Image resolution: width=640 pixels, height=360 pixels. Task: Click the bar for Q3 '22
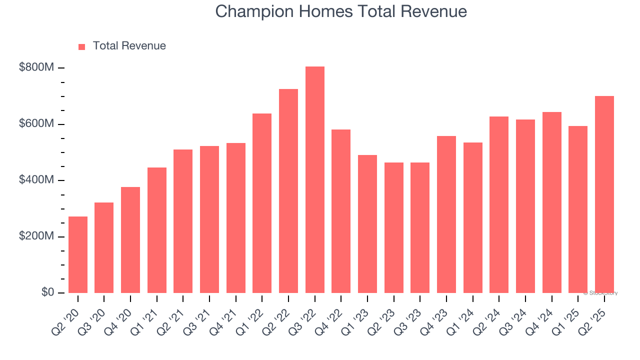point(315,179)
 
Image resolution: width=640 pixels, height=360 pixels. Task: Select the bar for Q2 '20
point(78,254)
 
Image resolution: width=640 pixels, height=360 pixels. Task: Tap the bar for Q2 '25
point(604,194)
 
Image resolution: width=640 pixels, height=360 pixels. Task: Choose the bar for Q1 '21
point(157,230)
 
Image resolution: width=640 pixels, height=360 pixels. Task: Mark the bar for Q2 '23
point(394,227)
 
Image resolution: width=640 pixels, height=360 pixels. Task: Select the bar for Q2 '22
point(288,190)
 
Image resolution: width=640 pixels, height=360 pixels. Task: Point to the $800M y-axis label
point(36,67)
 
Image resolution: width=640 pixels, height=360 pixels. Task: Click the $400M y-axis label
point(36,180)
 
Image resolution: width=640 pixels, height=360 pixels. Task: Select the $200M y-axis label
point(36,236)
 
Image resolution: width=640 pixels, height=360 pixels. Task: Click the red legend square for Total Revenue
point(82,46)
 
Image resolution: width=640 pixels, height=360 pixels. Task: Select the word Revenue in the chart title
point(436,11)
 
